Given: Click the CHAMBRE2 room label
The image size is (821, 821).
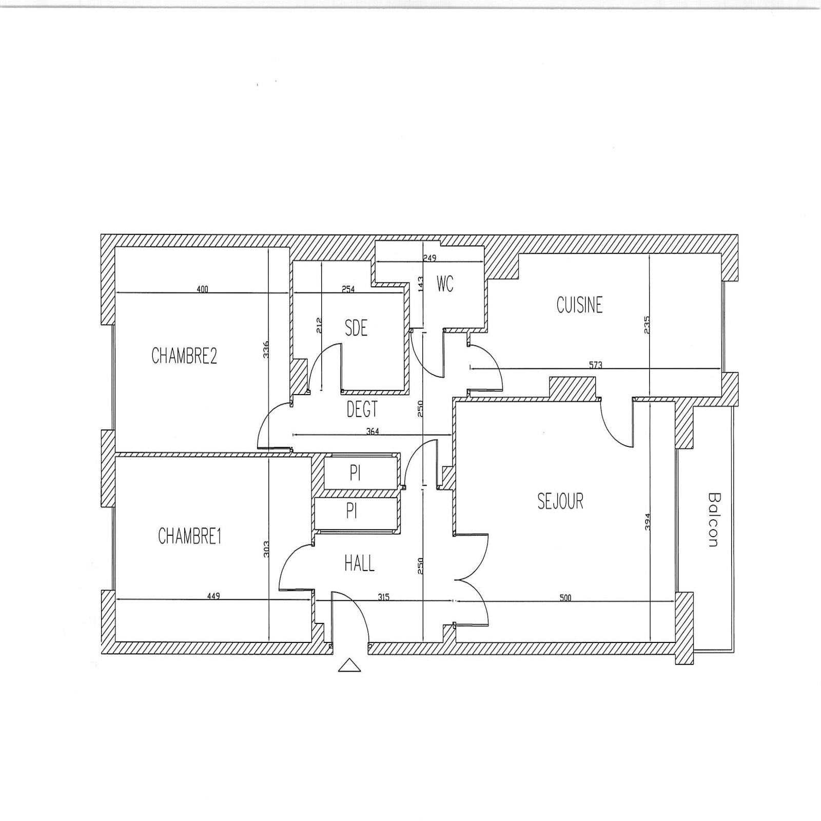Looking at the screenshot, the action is coord(184,356).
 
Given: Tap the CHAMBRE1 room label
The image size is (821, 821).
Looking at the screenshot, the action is coord(189,536).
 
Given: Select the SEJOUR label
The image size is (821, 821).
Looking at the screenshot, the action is coord(560,501).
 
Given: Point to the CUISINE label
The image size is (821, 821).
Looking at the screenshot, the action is coord(579,305).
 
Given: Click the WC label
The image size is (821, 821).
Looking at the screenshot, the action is coord(445,284).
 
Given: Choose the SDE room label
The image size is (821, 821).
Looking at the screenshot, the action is coord(356,328).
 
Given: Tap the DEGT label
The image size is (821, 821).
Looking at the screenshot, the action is coord(362,409).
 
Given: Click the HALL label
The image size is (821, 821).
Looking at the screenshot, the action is coord(359,563).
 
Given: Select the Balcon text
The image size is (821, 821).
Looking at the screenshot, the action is coord(713,520).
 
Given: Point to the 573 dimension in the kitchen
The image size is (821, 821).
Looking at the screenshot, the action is coord(596,365).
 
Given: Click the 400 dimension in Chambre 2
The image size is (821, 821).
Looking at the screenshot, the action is coord(203,289).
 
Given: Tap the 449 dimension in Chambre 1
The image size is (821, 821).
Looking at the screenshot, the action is coord(213,596).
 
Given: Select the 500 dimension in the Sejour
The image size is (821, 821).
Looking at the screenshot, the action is coord(565,598).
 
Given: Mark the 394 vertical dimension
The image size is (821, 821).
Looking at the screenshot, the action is coord(647,522).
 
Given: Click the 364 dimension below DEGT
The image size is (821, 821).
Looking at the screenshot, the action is coord(373,432).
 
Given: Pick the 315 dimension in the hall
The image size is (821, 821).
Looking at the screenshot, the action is coord(383,597).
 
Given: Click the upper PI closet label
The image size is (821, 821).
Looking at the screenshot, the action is coord(355,473).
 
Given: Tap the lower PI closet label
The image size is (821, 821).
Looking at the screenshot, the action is coord(351,511).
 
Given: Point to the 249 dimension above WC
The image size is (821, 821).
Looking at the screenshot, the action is coord(429,258).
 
